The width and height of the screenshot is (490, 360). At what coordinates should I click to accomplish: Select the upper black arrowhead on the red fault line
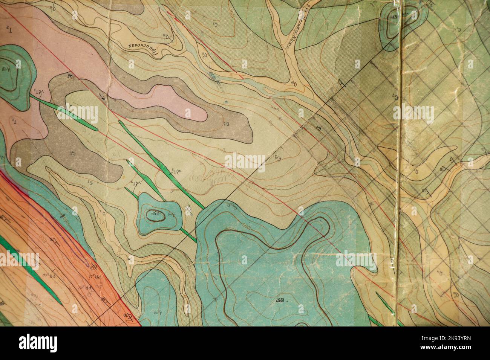pos(69,76)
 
